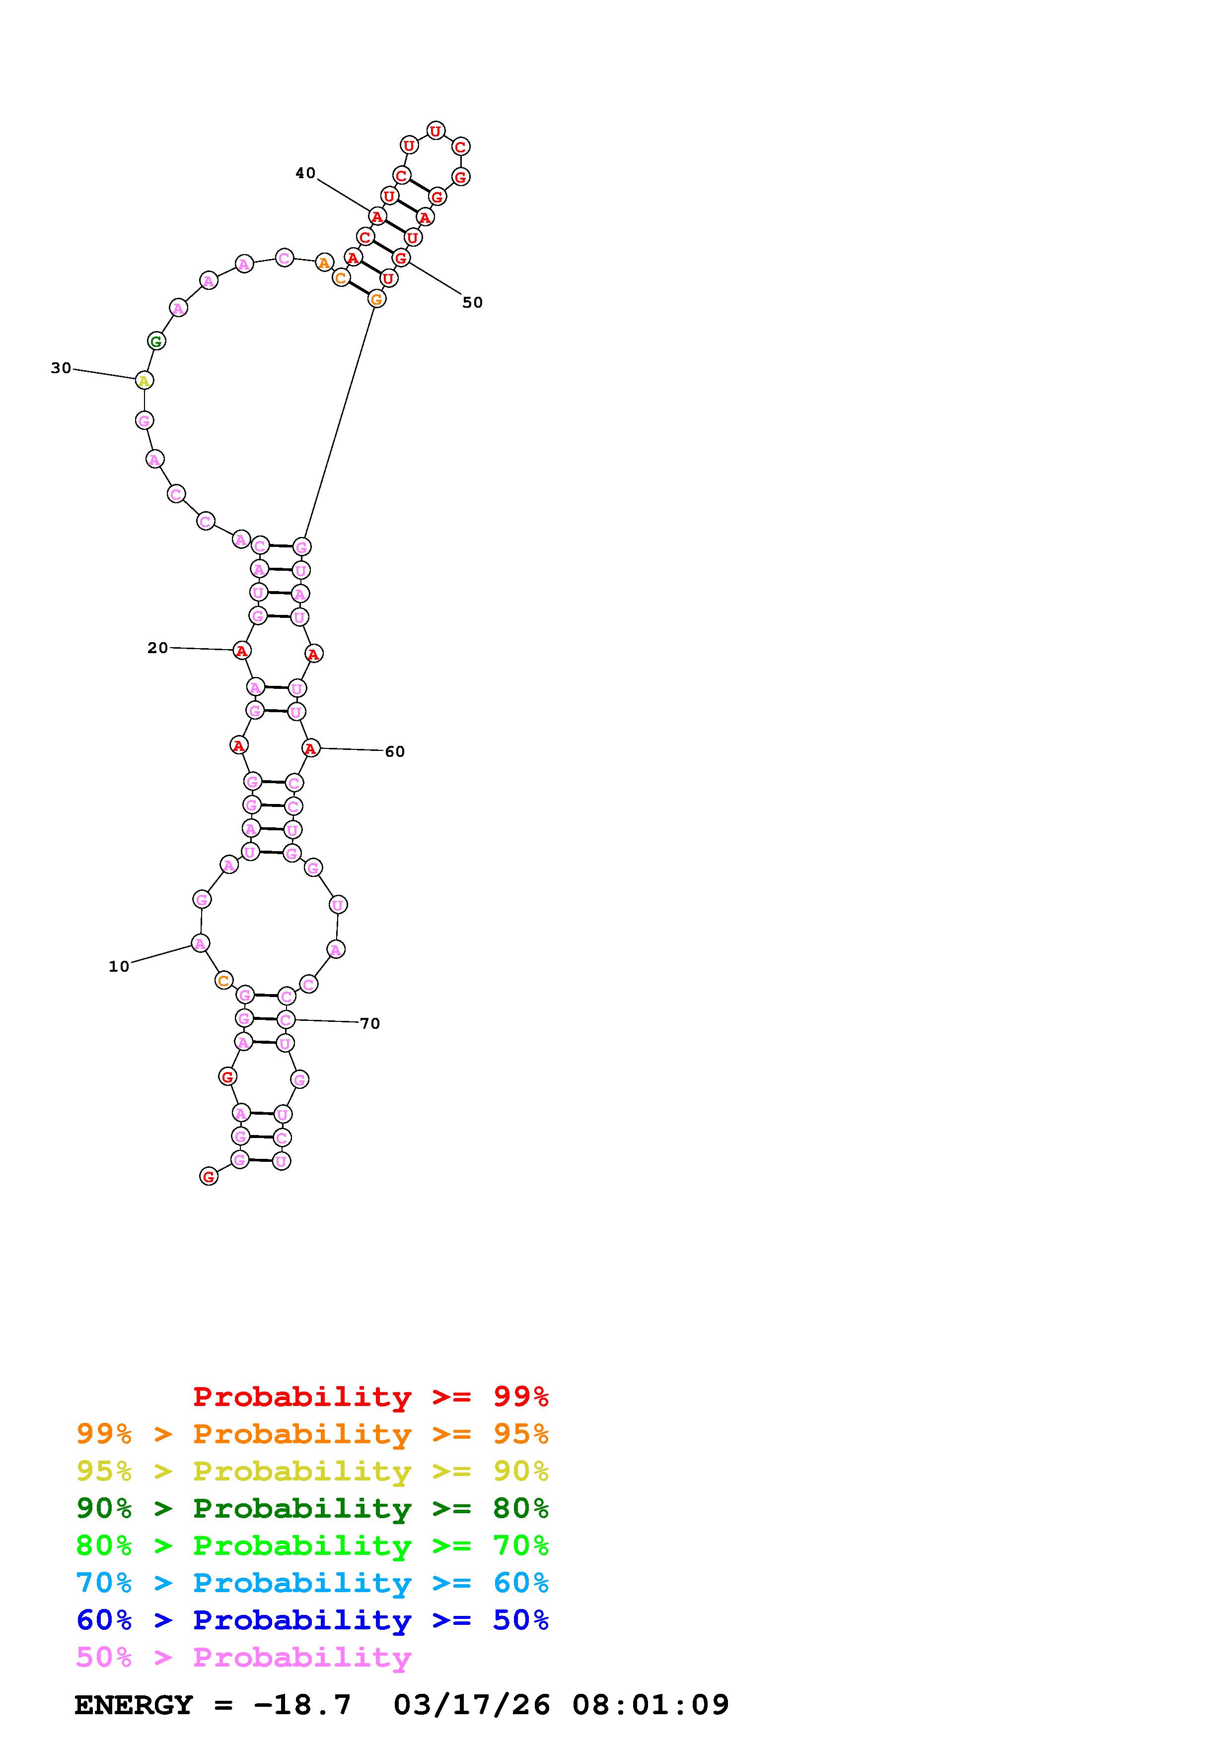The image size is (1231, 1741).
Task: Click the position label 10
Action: [x=119, y=967]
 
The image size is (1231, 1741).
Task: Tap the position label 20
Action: [x=158, y=648]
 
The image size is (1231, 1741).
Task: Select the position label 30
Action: [x=61, y=368]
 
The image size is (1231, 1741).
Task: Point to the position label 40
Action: [x=306, y=173]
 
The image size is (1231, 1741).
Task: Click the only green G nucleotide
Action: [x=156, y=341]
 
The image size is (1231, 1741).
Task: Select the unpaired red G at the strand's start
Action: [x=209, y=1176]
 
